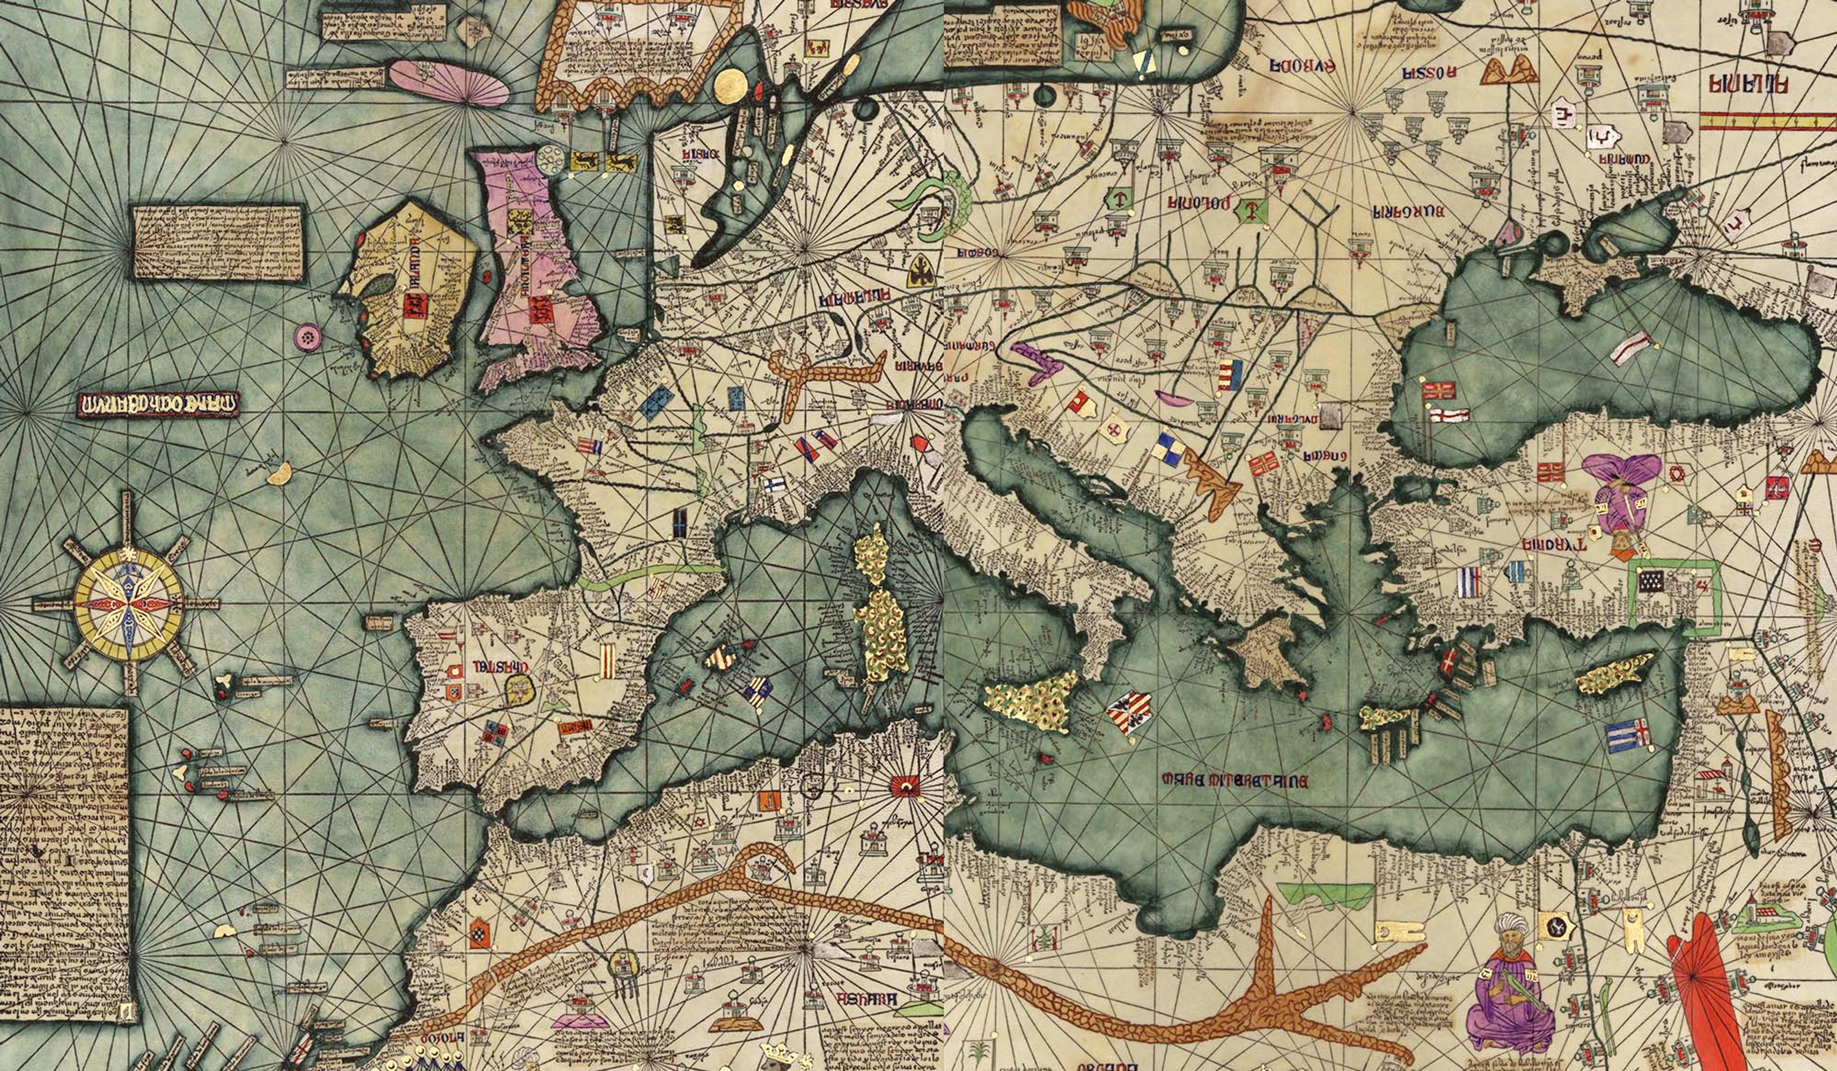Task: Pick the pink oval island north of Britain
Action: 448,82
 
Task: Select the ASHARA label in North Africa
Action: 866,1000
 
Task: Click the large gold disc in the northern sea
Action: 732,87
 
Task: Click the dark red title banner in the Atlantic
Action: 158,404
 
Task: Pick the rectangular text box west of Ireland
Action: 217,241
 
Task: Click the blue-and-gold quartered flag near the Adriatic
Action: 1169,449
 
